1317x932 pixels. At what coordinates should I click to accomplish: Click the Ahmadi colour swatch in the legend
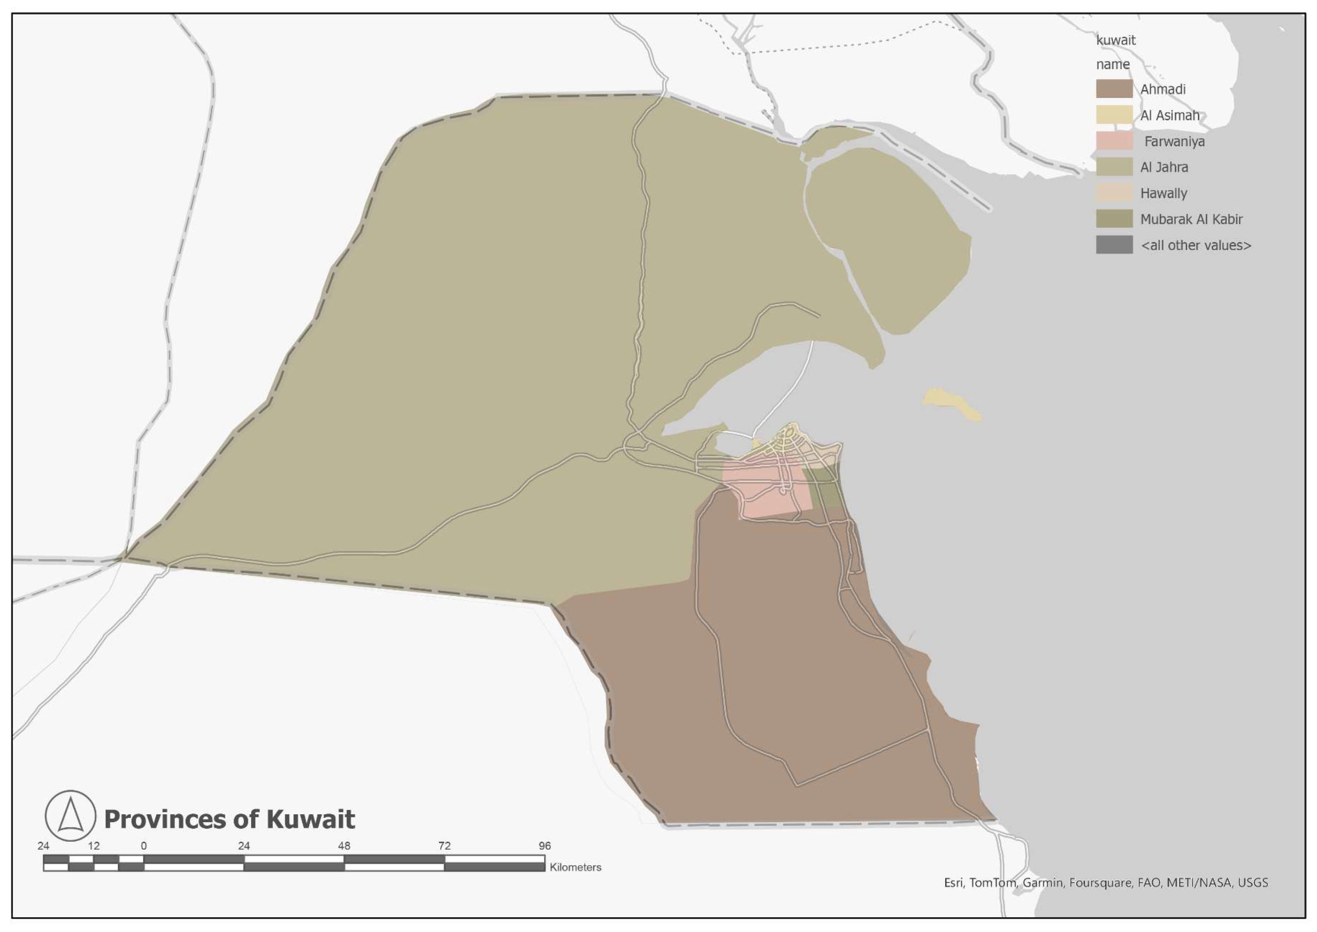[x=1114, y=89]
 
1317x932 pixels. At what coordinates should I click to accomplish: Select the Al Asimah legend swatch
[x=1114, y=115]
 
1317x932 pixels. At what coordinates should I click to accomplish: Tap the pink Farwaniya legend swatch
[x=1114, y=141]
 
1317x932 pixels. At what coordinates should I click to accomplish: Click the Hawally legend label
[x=1163, y=193]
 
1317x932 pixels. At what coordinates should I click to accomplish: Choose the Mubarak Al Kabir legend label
[x=1191, y=219]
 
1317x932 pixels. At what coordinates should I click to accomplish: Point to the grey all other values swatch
[x=1114, y=245]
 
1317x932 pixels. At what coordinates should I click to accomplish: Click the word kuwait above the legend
[x=1116, y=40]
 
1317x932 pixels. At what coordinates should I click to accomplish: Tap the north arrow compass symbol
[x=70, y=815]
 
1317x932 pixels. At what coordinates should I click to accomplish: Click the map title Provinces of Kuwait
[x=229, y=819]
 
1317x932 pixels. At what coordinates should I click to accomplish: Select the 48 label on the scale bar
[x=344, y=846]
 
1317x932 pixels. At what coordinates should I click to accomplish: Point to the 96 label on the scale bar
[x=544, y=846]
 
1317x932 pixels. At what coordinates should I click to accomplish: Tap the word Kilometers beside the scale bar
[x=575, y=867]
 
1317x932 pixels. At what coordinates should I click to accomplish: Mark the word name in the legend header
[x=1113, y=64]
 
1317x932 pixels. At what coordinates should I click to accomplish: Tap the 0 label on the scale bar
[x=143, y=846]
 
